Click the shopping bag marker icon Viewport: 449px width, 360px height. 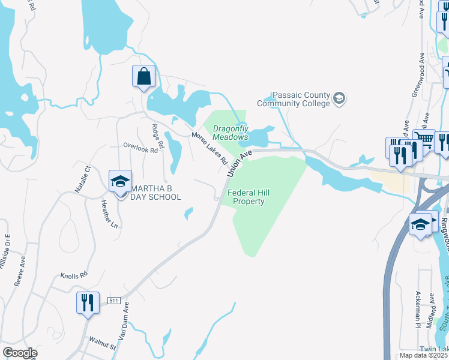[x=143, y=77]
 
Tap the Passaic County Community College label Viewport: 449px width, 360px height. [x=294, y=99]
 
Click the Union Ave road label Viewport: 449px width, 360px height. [x=239, y=163]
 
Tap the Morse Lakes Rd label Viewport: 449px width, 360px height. [x=209, y=148]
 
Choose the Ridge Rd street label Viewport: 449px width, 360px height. [x=158, y=136]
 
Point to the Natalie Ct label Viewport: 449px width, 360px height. [x=82, y=179]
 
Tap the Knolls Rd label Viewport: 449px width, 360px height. [x=74, y=277]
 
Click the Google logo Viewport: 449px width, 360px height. [x=19, y=352]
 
